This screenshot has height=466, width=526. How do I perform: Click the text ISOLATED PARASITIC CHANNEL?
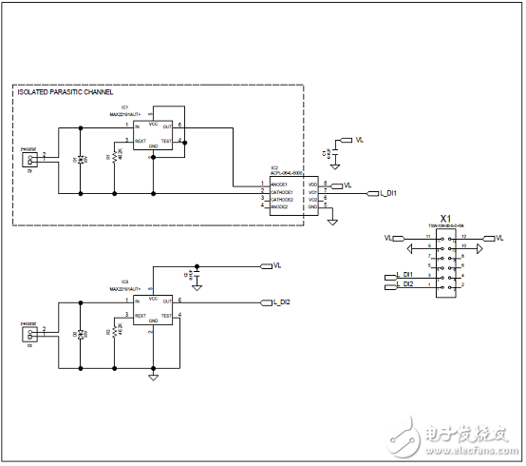[x=65, y=92]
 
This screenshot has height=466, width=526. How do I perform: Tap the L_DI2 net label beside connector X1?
[x=405, y=284]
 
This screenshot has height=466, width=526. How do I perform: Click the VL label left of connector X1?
[x=388, y=237]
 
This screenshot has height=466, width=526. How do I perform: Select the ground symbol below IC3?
[x=153, y=377]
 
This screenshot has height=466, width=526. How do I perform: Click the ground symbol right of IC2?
[x=332, y=222]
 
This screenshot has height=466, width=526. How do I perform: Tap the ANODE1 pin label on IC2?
[x=278, y=184]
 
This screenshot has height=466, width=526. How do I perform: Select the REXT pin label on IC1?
[x=141, y=141]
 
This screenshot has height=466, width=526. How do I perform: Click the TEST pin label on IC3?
[x=166, y=315]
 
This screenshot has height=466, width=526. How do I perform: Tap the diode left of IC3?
[x=82, y=333]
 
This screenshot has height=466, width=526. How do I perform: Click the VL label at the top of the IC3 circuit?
[x=277, y=265]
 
